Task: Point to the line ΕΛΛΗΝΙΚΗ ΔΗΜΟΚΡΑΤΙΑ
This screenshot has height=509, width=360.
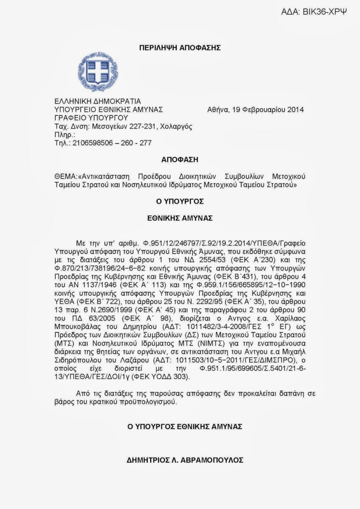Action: pyautogui.click(x=95, y=101)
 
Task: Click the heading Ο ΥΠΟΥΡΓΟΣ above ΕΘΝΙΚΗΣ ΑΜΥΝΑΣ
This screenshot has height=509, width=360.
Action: pyautogui.click(x=180, y=201)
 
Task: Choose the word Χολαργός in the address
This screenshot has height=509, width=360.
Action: pyautogui.click(x=178, y=126)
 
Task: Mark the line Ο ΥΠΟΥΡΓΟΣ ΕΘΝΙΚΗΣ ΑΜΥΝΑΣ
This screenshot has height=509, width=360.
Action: pyautogui.click(x=180, y=426)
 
